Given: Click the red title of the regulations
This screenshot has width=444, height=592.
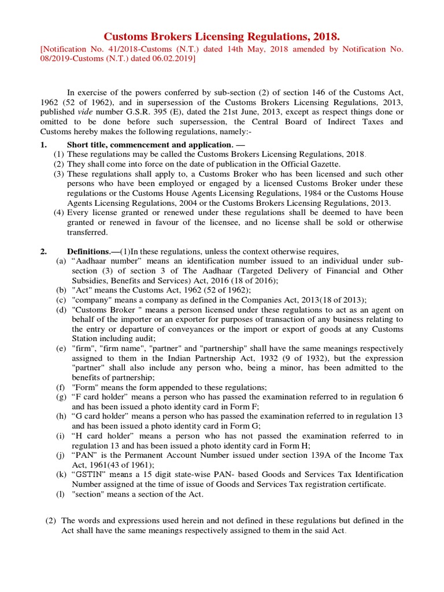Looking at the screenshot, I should [222, 37].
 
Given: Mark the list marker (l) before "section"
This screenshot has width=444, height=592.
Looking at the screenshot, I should [60, 494].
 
